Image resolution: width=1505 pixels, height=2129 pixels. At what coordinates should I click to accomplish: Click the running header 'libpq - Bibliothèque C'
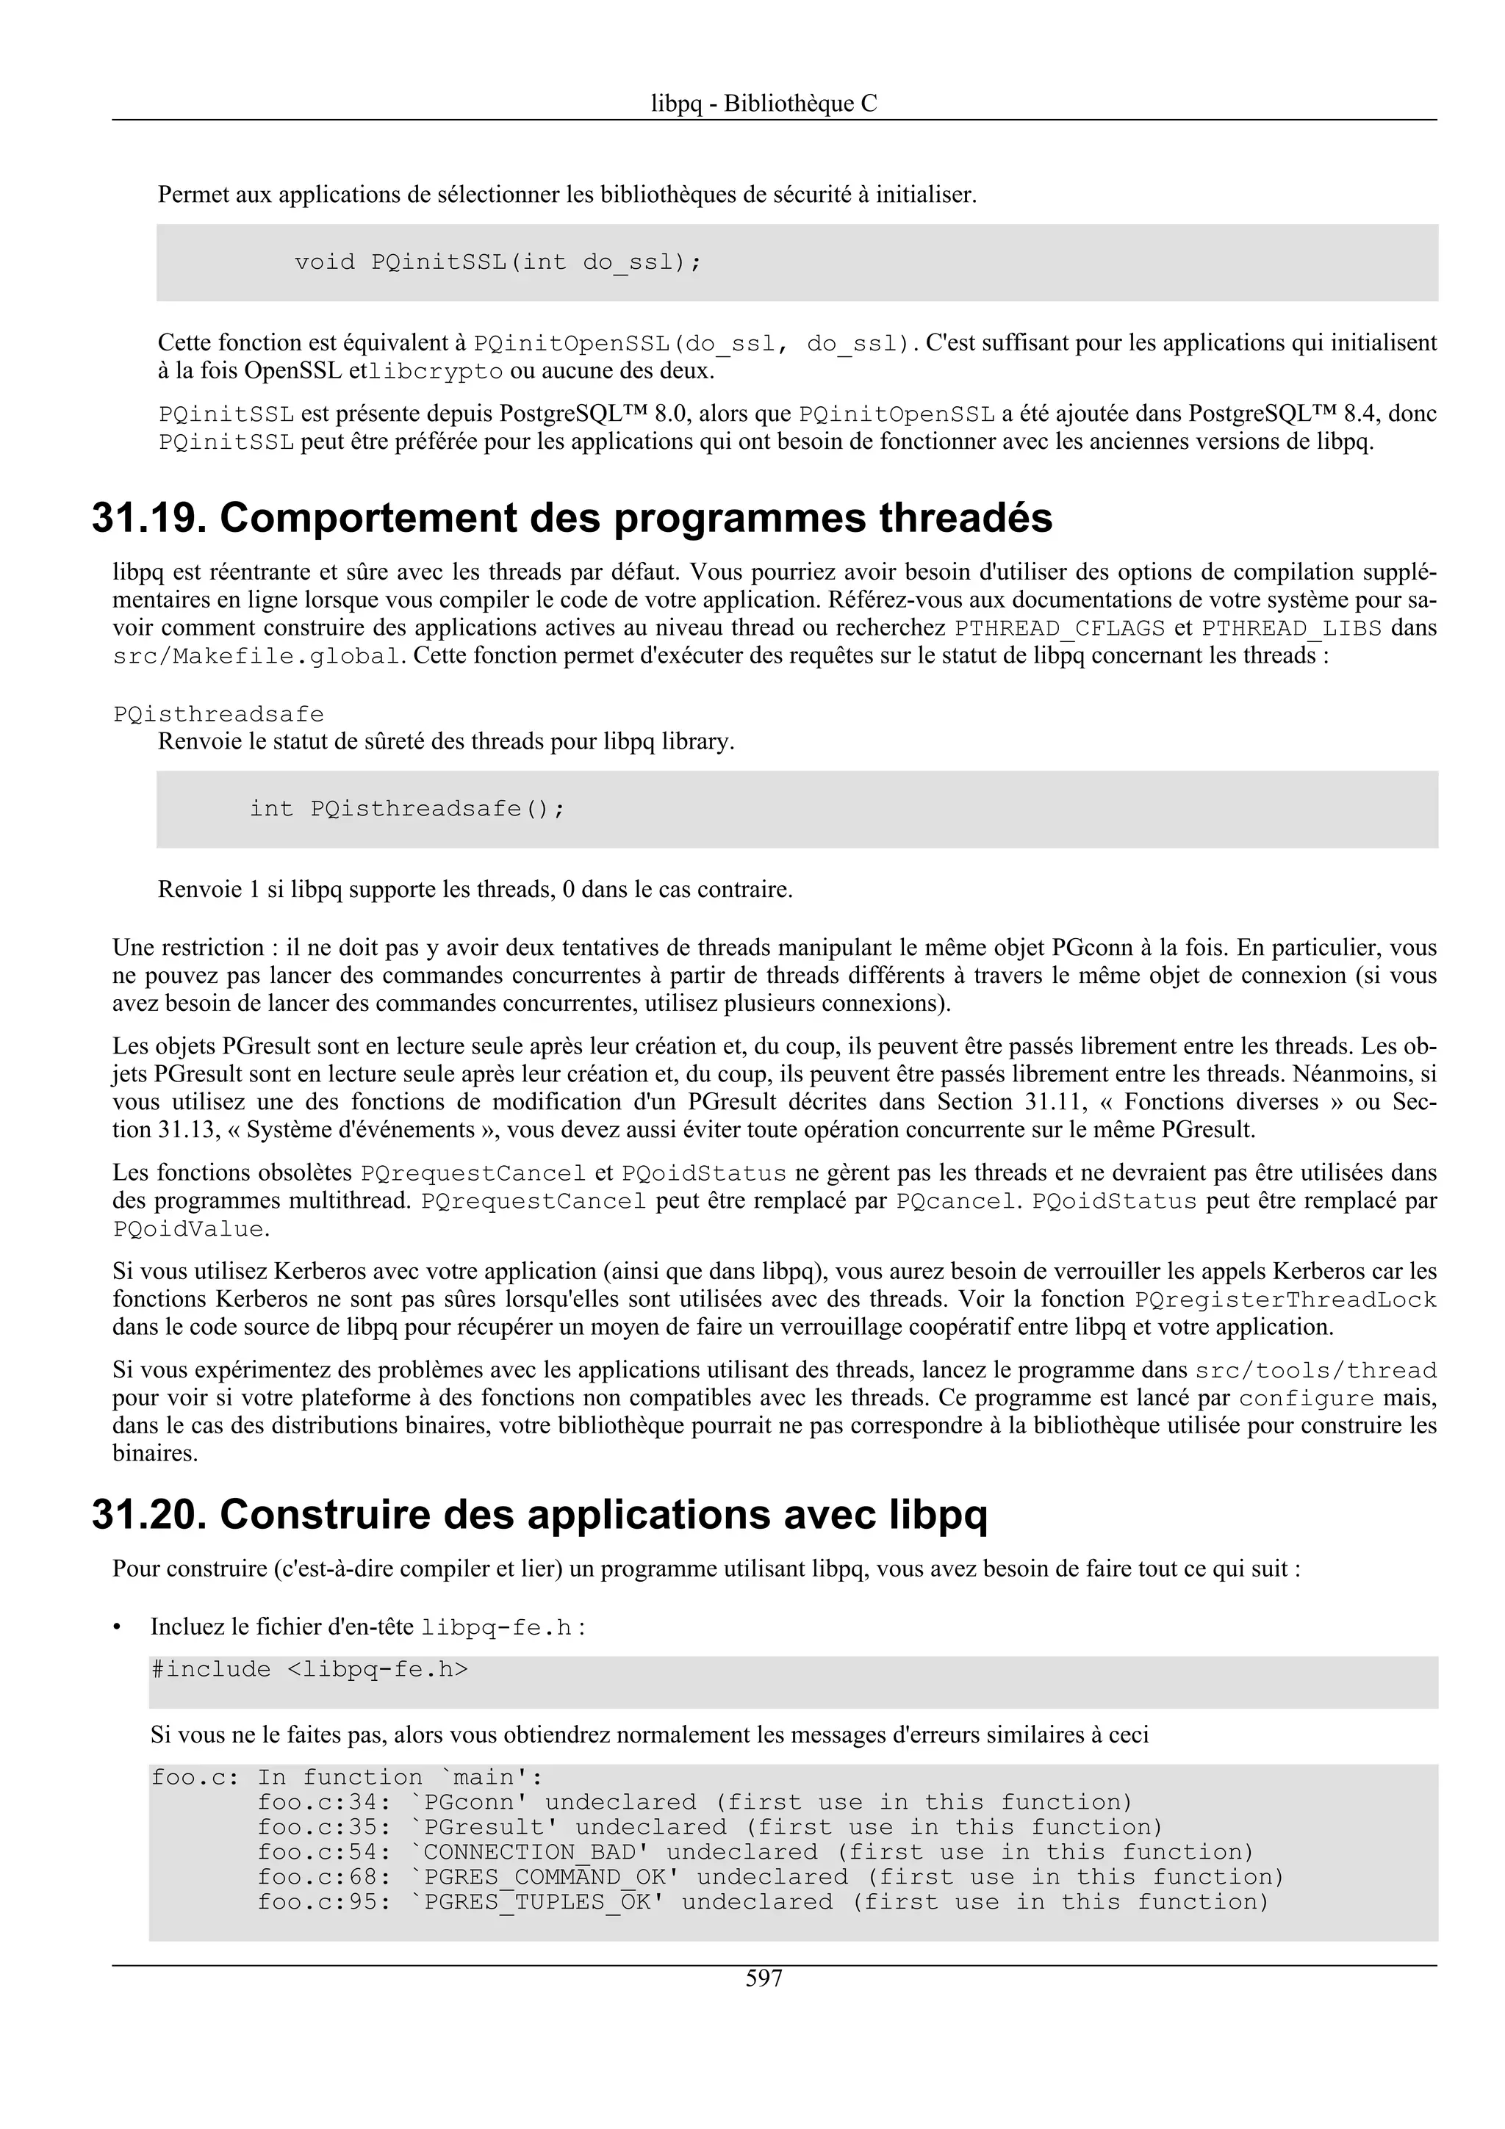764,104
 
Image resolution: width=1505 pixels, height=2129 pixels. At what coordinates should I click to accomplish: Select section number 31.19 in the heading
148,517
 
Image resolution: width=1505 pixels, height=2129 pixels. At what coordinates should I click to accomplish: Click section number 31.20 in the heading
148,1514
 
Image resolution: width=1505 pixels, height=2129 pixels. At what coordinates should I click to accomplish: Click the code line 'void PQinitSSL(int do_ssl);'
498,262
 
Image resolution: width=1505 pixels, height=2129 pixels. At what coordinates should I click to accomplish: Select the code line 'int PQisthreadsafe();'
407,809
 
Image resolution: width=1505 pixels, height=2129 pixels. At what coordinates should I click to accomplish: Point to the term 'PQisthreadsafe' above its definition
218,714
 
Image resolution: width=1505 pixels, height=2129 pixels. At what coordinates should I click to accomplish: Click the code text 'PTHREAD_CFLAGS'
1059,628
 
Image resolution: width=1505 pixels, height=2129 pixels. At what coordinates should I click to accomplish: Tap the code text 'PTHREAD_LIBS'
1292,628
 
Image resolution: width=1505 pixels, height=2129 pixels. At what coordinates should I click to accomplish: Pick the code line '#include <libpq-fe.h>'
309,1669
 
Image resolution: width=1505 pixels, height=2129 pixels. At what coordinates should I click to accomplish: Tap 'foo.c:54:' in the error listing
318,1852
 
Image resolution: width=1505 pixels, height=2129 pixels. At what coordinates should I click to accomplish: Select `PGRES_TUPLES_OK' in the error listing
537,1902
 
